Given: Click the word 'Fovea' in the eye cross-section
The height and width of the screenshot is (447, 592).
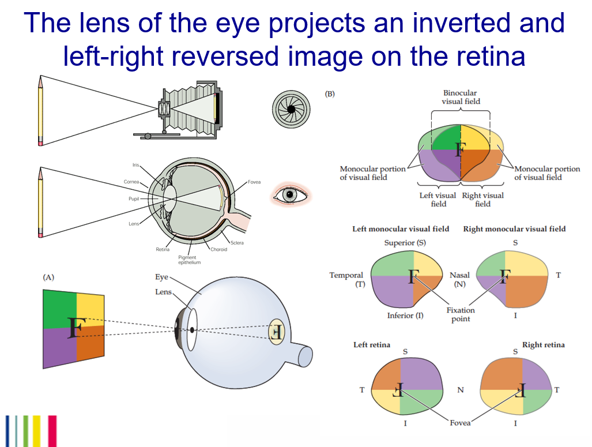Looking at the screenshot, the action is [x=254, y=182].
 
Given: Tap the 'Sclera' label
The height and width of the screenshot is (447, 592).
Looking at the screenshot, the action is [x=236, y=243].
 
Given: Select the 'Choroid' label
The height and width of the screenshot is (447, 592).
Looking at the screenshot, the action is [x=218, y=249].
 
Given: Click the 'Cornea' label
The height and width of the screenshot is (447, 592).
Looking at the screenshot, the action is [x=131, y=182].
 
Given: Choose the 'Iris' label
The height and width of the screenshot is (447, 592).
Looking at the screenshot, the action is [x=135, y=166].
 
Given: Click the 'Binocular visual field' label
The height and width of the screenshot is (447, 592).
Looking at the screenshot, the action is [x=460, y=97].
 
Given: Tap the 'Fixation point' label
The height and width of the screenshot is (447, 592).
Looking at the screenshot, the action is [x=461, y=314].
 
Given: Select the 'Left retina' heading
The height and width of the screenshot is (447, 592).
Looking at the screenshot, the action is [x=372, y=345].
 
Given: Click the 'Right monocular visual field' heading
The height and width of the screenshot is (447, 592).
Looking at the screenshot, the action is [x=514, y=229].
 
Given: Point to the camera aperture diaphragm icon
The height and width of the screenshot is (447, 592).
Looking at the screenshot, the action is [x=291, y=108].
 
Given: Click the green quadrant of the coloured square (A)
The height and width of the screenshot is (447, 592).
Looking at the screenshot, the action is [x=59, y=309].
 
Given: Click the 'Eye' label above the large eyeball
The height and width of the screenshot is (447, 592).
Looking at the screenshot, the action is [x=161, y=277].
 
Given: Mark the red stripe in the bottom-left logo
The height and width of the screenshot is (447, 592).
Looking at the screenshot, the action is [x=52, y=430].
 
